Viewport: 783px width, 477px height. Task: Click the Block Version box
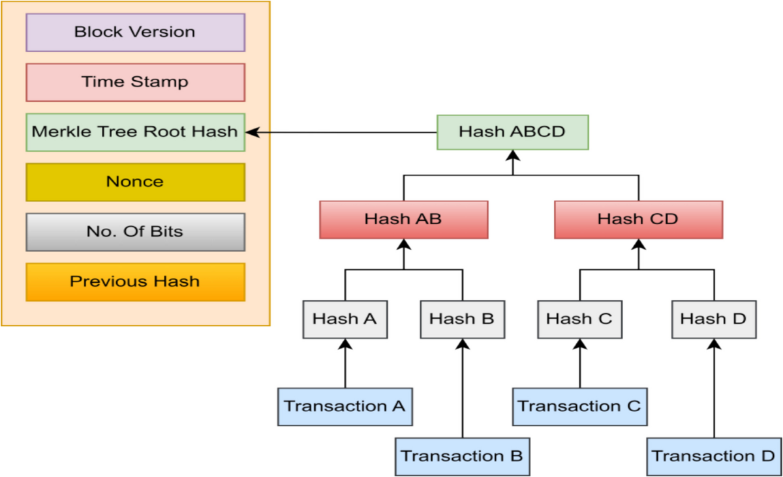135,33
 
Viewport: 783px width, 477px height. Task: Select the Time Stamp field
135,82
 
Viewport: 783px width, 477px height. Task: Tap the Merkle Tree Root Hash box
135,132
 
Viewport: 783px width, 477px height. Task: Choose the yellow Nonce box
135,182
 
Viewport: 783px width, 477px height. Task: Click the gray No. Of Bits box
135,232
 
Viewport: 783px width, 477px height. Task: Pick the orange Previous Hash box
135,282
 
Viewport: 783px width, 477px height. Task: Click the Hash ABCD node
512,132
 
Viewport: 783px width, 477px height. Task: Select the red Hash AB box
403,220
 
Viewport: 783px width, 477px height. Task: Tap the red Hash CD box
638,220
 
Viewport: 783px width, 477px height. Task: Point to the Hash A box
345,319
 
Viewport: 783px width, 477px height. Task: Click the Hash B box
462,319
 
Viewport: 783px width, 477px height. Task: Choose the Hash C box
579,319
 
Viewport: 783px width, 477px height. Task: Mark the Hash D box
714,319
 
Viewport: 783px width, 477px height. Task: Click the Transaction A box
345,407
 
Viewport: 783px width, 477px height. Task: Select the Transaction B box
462,456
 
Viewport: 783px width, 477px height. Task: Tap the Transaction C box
579,407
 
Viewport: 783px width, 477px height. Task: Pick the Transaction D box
714,456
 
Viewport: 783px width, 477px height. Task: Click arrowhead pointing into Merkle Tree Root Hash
252,132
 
